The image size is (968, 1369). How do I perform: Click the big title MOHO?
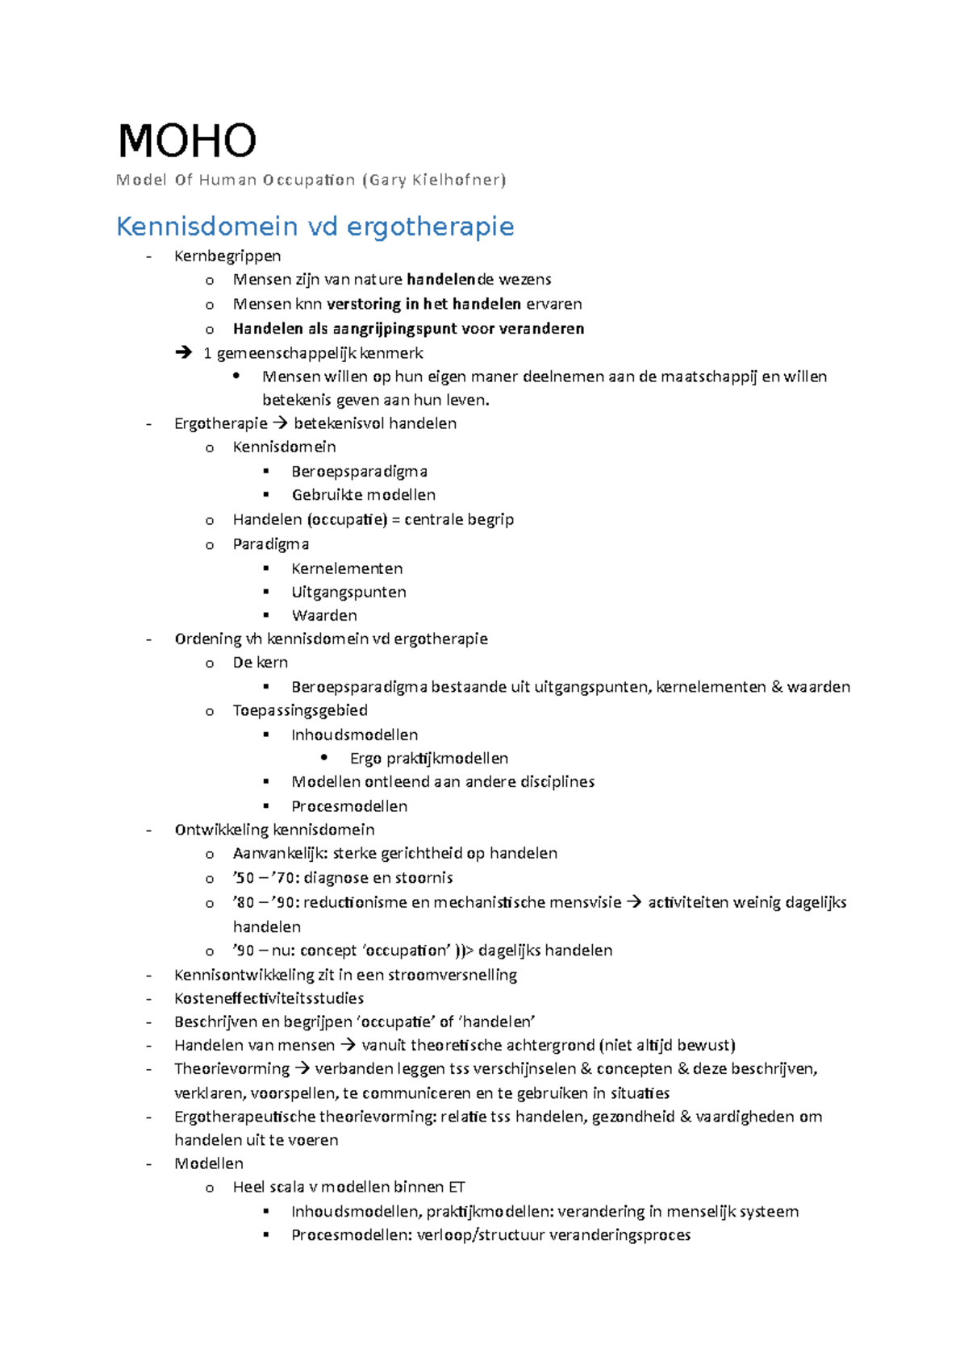[x=187, y=141]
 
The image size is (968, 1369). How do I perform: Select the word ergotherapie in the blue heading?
[x=430, y=227]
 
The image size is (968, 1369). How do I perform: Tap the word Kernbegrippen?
[x=227, y=256]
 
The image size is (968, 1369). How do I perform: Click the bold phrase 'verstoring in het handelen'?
[x=423, y=304]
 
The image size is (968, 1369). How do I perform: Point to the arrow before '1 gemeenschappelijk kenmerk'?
[x=184, y=352]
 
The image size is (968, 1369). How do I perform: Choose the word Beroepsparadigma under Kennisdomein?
[x=359, y=471]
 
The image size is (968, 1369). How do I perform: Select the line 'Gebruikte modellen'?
[x=363, y=495]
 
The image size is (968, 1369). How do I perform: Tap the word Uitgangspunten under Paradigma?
[x=348, y=592]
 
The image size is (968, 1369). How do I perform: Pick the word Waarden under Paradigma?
[x=324, y=616]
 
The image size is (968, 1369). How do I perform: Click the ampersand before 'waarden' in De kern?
[x=777, y=687]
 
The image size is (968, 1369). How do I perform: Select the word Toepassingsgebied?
[x=300, y=710]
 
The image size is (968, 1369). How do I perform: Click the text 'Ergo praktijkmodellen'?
[x=429, y=759]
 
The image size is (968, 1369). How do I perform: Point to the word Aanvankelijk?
[x=278, y=853]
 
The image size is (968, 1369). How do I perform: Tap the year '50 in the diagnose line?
[x=244, y=878]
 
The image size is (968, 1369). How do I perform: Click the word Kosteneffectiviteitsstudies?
[x=269, y=998]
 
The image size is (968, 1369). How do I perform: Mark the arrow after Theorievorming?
[x=302, y=1069]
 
